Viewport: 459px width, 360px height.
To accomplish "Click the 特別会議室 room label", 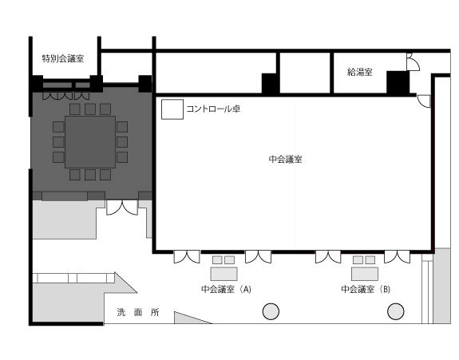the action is point(63,58).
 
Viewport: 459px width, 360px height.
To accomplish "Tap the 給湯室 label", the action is point(360,72).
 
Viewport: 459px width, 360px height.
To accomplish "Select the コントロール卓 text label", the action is point(213,109).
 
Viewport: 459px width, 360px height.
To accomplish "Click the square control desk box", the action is point(172,109).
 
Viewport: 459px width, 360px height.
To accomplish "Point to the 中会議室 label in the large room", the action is point(286,160).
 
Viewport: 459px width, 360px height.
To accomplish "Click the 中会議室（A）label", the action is point(226,289).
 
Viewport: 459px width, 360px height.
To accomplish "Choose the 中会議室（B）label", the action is point(366,289).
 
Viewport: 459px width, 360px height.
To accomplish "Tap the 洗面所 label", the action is point(138,312).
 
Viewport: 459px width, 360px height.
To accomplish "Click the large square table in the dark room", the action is point(90,142).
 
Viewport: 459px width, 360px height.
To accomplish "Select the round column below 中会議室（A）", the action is point(271,311).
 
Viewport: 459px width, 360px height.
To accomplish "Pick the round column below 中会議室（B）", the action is point(396,311).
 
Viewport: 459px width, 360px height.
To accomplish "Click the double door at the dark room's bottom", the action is point(122,208).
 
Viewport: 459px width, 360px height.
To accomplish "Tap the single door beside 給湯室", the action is point(413,62).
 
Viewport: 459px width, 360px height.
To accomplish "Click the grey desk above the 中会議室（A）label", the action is point(224,274).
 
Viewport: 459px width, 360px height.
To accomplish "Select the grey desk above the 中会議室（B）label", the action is point(365,274).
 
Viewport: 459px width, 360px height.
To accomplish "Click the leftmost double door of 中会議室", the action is point(187,257).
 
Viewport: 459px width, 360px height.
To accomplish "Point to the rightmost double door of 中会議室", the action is point(398,257).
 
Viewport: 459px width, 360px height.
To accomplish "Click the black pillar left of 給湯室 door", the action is point(398,83).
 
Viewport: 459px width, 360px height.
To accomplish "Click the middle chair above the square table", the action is point(90,109).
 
